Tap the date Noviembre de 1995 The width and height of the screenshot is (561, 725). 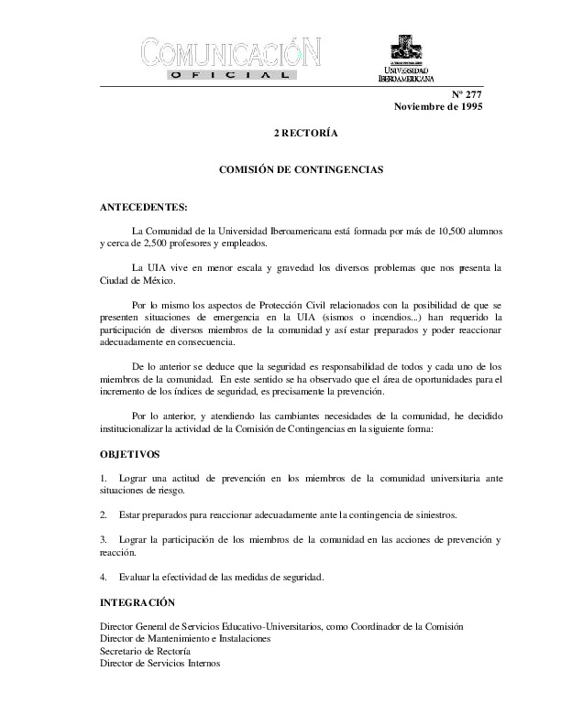pyautogui.click(x=438, y=107)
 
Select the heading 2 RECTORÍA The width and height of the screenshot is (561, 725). pyautogui.click(x=307, y=134)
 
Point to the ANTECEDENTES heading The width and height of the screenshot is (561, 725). pyautogui.click(x=142, y=207)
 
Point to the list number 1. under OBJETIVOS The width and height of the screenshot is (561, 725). pyautogui.click(x=103, y=478)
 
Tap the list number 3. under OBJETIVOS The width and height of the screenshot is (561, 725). pyautogui.click(x=103, y=539)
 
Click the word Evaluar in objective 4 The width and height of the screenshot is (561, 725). pyautogui.click(x=134, y=576)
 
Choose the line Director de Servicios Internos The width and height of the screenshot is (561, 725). pyautogui.click(x=159, y=662)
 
